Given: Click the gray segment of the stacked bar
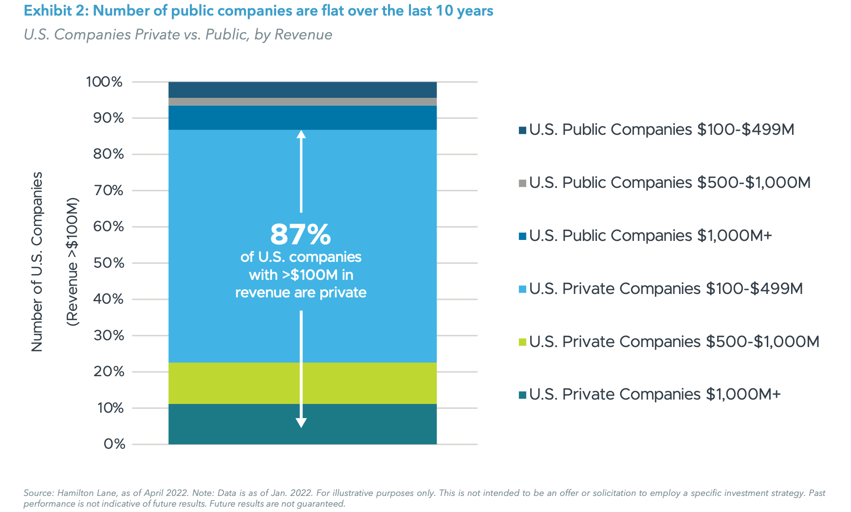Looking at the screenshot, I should coord(302,102).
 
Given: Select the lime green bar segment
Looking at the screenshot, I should coord(234,383).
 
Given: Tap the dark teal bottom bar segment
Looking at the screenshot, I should coord(234,424).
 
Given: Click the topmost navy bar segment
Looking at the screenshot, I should coord(302,90).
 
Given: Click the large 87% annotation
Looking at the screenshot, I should coord(300,235).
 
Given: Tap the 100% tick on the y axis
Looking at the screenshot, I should coord(104,82).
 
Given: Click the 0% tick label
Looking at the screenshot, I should coord(114,444).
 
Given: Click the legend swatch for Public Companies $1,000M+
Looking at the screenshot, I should coord(522,237).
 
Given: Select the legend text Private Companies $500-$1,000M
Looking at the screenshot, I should coord(674,342).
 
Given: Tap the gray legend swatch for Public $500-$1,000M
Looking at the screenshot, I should coord(522,183).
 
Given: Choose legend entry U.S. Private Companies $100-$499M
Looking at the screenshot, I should coord(666,289).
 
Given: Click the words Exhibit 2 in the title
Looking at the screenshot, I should coord(55,11).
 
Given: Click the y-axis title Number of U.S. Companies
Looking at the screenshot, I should coord(37,261).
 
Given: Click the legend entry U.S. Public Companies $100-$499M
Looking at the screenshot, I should coord(662,129).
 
